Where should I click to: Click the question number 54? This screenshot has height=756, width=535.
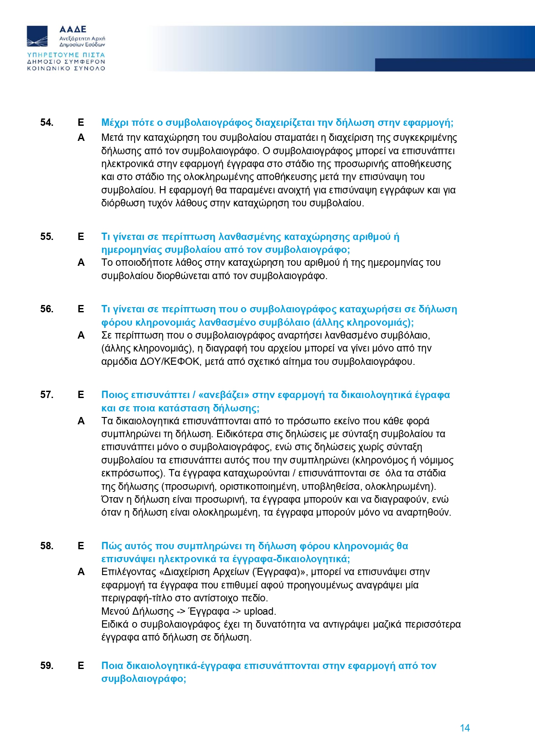(x=47, y=123)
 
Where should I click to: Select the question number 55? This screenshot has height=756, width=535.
(x=47, y=237)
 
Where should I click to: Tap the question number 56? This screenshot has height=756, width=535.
(x=47, y=309)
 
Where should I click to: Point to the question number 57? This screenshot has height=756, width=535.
(x=47, y=395)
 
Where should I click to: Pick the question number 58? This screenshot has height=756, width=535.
(x=47, y=546)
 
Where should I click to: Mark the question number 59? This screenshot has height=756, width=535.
(x=47, y=666)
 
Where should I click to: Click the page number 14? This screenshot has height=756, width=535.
(x=465, y=728)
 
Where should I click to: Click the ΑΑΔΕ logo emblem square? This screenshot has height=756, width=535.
(x=38, y=36)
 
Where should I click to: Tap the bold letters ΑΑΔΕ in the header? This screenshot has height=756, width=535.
(x=73, y=29)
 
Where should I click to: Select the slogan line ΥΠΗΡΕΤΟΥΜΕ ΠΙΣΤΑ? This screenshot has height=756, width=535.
(x=66, y=55)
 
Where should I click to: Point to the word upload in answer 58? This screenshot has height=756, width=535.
(x=259, y=612)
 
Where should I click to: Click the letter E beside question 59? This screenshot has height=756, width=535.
(x=81, y=666)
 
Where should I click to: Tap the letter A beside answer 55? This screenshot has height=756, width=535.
(x=81, y=263)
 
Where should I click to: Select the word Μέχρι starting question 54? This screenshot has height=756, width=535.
(x=115, y=123)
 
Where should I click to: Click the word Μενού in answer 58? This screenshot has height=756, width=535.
(x=115, y=612)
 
